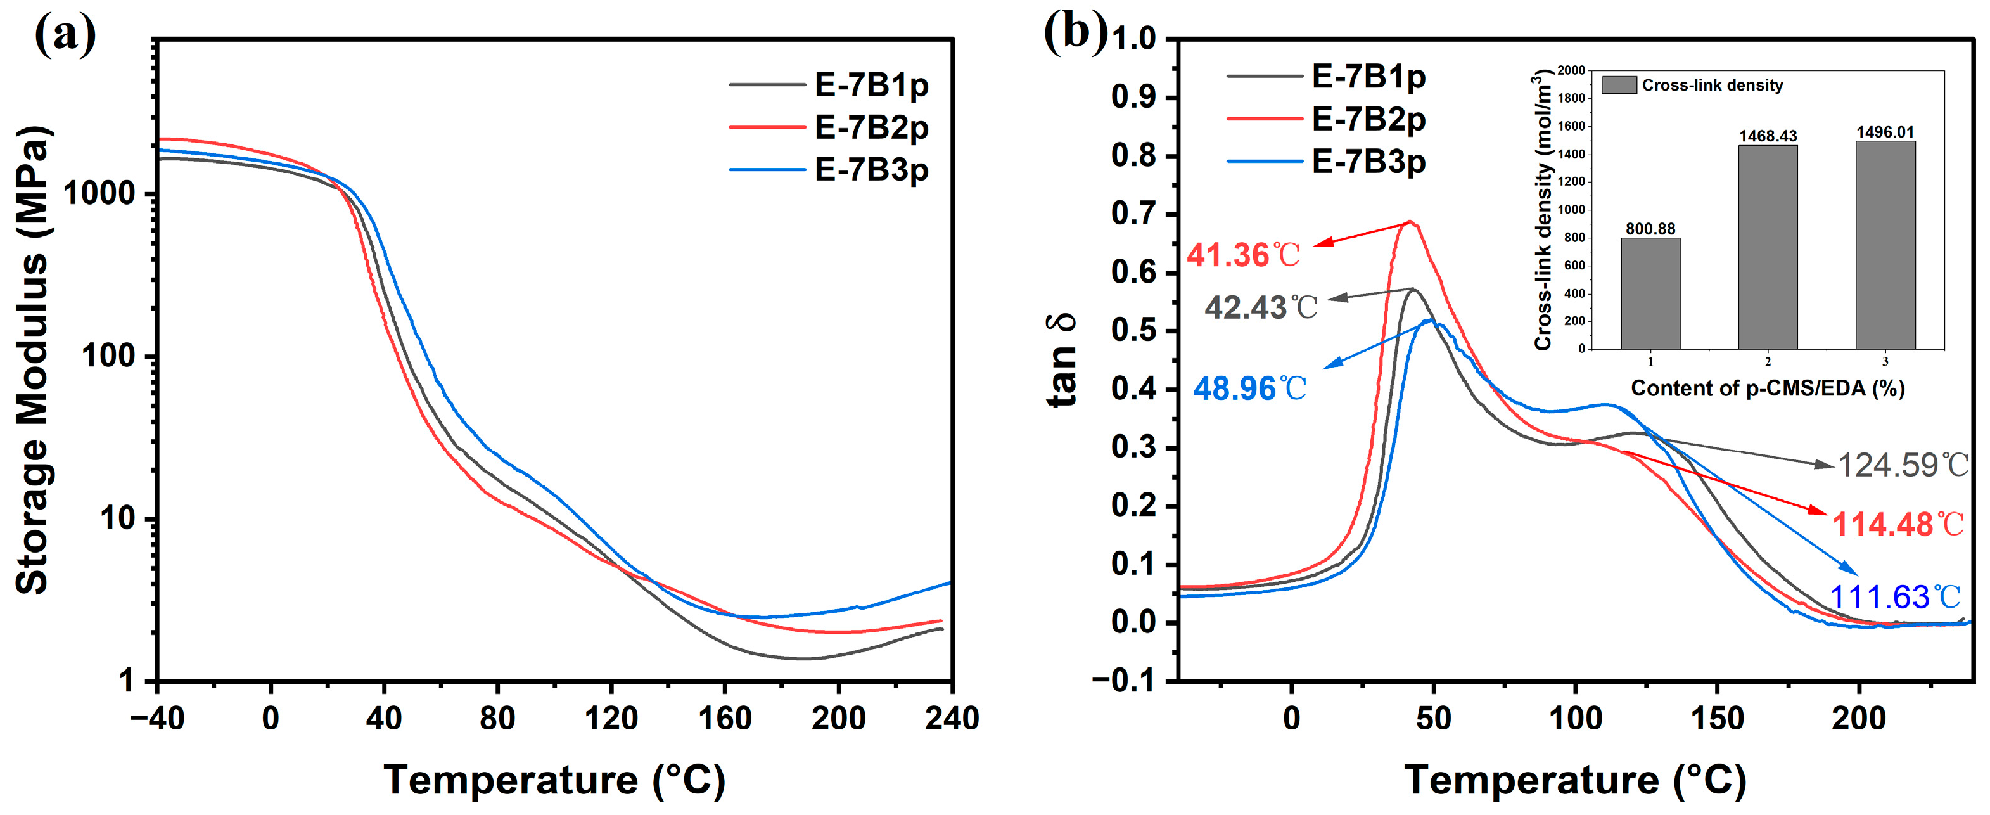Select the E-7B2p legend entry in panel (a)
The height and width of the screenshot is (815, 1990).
(x=871, y=127)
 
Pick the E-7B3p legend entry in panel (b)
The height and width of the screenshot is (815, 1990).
(x=1368, y=162)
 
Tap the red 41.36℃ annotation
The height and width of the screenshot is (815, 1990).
(x=1243, y=255)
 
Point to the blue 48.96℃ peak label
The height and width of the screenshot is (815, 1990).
(x=1249, y=388)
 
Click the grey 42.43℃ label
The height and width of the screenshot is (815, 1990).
(x=1260, y=307)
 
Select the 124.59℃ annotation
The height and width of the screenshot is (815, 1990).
(x=1902, y=465)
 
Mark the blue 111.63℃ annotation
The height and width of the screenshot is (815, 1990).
(x=1894, y=597)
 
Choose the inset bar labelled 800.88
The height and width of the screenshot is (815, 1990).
(x=1650, y=293)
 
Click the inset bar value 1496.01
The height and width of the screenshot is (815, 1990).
(x=1885, y=132)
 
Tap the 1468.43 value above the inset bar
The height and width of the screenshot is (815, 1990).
(x=1768, y=136)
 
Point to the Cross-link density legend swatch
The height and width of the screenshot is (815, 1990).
(x=1619, y=85)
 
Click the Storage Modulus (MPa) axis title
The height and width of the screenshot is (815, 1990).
(x=32, y=359)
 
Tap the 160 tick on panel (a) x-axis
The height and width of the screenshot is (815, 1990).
(x=724, y=719)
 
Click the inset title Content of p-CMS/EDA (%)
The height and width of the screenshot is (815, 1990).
(x=1767, y=388)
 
